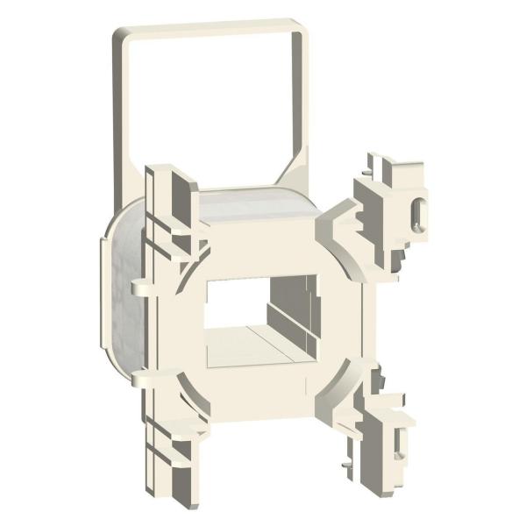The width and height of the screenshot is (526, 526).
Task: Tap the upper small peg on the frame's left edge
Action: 139,286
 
